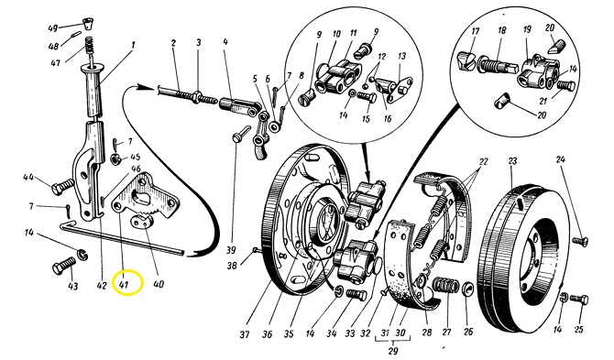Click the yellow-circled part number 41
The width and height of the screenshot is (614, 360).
click(x=124, y=285)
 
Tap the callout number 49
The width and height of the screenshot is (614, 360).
click(x=52, y=28)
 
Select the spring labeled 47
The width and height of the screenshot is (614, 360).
click(x=89, y=46)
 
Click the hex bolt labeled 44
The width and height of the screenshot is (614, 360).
click(x=62, y=186)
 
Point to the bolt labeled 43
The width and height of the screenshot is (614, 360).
click(x=64, y=266)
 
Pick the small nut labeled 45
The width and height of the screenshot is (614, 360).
click(x=115, y=158)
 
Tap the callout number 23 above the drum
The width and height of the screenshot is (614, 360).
click(x=512, y=161)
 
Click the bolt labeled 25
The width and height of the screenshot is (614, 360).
click(x=579, y=300)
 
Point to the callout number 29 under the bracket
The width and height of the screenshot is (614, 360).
click(x=393, y=350)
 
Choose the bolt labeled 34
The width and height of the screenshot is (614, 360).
click(x=356, y=294)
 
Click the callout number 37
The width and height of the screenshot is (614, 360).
click(x=245, y=335)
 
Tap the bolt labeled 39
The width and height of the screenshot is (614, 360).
click(x=241, y=134)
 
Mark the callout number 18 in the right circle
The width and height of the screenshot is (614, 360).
click(x=502, y=31)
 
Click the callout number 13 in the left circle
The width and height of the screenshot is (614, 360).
click(x=401, y=57)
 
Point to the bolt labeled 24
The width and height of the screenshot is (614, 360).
click(x=580, y=241)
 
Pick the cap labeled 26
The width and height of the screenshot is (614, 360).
click(x=467, y=289)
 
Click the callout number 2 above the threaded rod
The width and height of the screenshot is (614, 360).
click(x=173, y=43)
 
